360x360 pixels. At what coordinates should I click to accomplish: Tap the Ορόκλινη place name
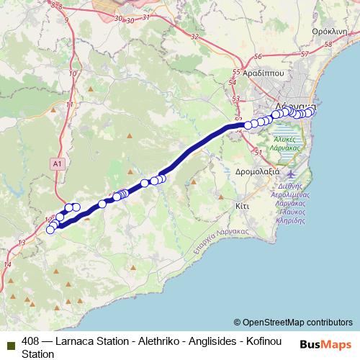(335, 32)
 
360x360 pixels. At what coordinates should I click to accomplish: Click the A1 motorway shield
(58, 164)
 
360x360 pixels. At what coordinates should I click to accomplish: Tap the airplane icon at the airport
(290, 174)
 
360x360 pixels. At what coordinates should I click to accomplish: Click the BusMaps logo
(325, 343)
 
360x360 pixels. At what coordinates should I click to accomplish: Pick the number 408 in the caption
(31, 341)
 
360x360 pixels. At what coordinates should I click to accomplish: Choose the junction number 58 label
(329, 45)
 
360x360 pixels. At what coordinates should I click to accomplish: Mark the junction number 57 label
(304, 55)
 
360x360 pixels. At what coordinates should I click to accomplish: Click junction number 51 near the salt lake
(258, 152)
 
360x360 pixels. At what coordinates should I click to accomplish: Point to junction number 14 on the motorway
(8, 264)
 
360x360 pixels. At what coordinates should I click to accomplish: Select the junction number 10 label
(72, 73)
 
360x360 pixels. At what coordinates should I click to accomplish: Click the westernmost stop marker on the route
(50, 230)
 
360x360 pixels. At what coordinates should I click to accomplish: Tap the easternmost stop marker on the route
(312, 112)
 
